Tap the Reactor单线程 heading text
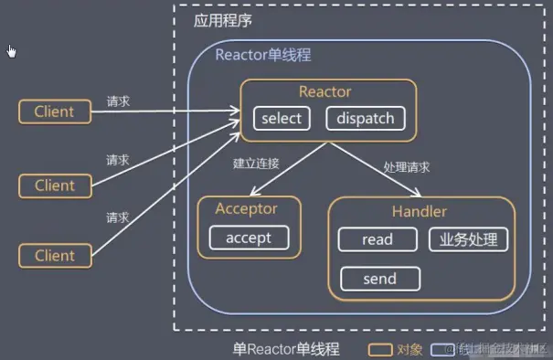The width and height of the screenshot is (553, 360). tap(262, 55)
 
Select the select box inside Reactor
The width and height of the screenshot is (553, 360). tap(281, 118)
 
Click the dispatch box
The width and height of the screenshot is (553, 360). tap(365, 118)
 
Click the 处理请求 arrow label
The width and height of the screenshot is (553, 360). tap(408, 168)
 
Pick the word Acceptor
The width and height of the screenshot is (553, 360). tap(246, 208)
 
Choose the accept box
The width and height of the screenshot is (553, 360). tap(248, 238)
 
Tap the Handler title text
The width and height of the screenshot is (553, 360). tap(420, 211)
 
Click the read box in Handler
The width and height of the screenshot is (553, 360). tap(377, 239)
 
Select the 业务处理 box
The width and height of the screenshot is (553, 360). tap(467, 239)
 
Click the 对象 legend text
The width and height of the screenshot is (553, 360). tap(410, 348)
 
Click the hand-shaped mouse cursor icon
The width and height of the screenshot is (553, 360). tap(12, 50)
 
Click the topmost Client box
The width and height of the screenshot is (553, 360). tap(54, 112)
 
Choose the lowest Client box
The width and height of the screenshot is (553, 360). tap(54, 256)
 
